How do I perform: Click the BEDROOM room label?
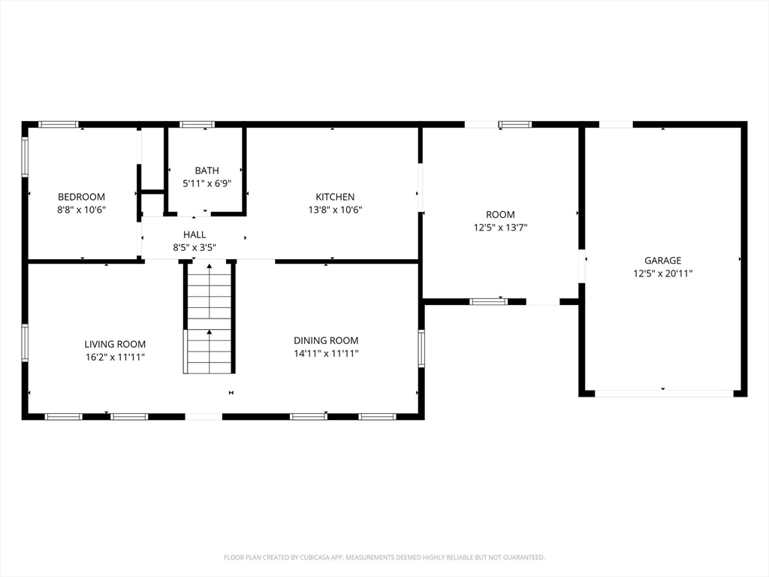[x=81, y=197]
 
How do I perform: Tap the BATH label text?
[x=207, y=171]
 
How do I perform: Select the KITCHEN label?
[x=335, y=197]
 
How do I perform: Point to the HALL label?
[x=195, y=234]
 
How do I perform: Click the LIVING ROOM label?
[x=115, y=344]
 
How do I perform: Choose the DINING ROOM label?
[x=326, y=340]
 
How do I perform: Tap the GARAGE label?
[x=662, y=260]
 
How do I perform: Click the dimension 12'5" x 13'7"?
[x=500, y=227]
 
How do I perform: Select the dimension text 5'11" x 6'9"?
[x=207, y=183]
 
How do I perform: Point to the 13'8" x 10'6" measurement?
[x=335, y=210]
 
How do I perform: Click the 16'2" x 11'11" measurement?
[x=115, y=357]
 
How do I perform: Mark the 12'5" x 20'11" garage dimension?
[x=662, y=273]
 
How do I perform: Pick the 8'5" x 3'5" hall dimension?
[x=195, y=248]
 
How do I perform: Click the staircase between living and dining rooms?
[x=210, y=318]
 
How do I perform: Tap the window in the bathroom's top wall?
[x=197, y=125]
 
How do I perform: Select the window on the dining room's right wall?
[x=421, y=348]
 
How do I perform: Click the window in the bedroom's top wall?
[x=59, y=125]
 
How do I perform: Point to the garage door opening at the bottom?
[x=664, y=394]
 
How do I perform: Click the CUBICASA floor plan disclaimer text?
[x=384, y=557]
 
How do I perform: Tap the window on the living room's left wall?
[x=25, y=343]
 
